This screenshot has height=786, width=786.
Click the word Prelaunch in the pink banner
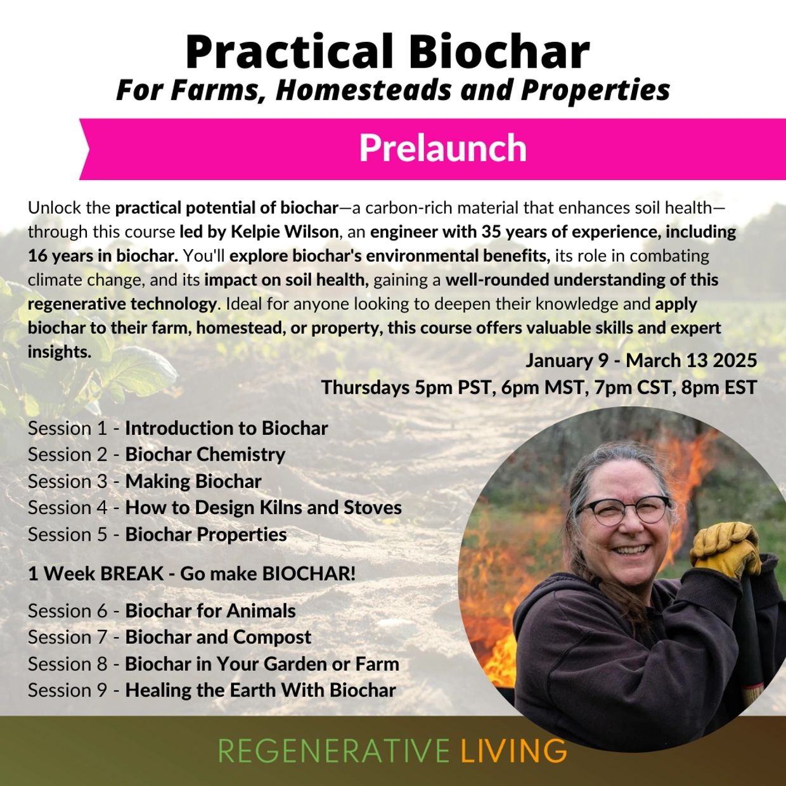click(442, 148)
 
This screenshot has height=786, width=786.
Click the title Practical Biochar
click(387, 52)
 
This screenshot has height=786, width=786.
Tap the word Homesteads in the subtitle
click(364, 89)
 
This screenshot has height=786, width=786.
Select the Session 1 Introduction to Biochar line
click(178, 428)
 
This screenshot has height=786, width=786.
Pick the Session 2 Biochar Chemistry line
click(157, 454)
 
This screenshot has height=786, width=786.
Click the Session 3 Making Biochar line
click(145, 481)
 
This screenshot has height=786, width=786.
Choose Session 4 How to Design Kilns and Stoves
click(215, 508)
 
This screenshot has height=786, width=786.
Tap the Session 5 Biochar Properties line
click(157, 535)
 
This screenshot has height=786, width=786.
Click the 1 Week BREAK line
click(191, 574)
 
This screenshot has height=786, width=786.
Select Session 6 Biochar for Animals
click(162, 611)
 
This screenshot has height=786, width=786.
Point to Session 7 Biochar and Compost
click(170, 638)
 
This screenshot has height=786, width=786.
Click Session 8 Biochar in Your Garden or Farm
click(214, 664)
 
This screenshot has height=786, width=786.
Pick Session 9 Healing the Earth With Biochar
click(212, 690)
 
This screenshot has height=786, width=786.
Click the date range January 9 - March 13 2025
click(641, 361)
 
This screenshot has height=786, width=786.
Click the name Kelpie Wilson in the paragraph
click(285, 232)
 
